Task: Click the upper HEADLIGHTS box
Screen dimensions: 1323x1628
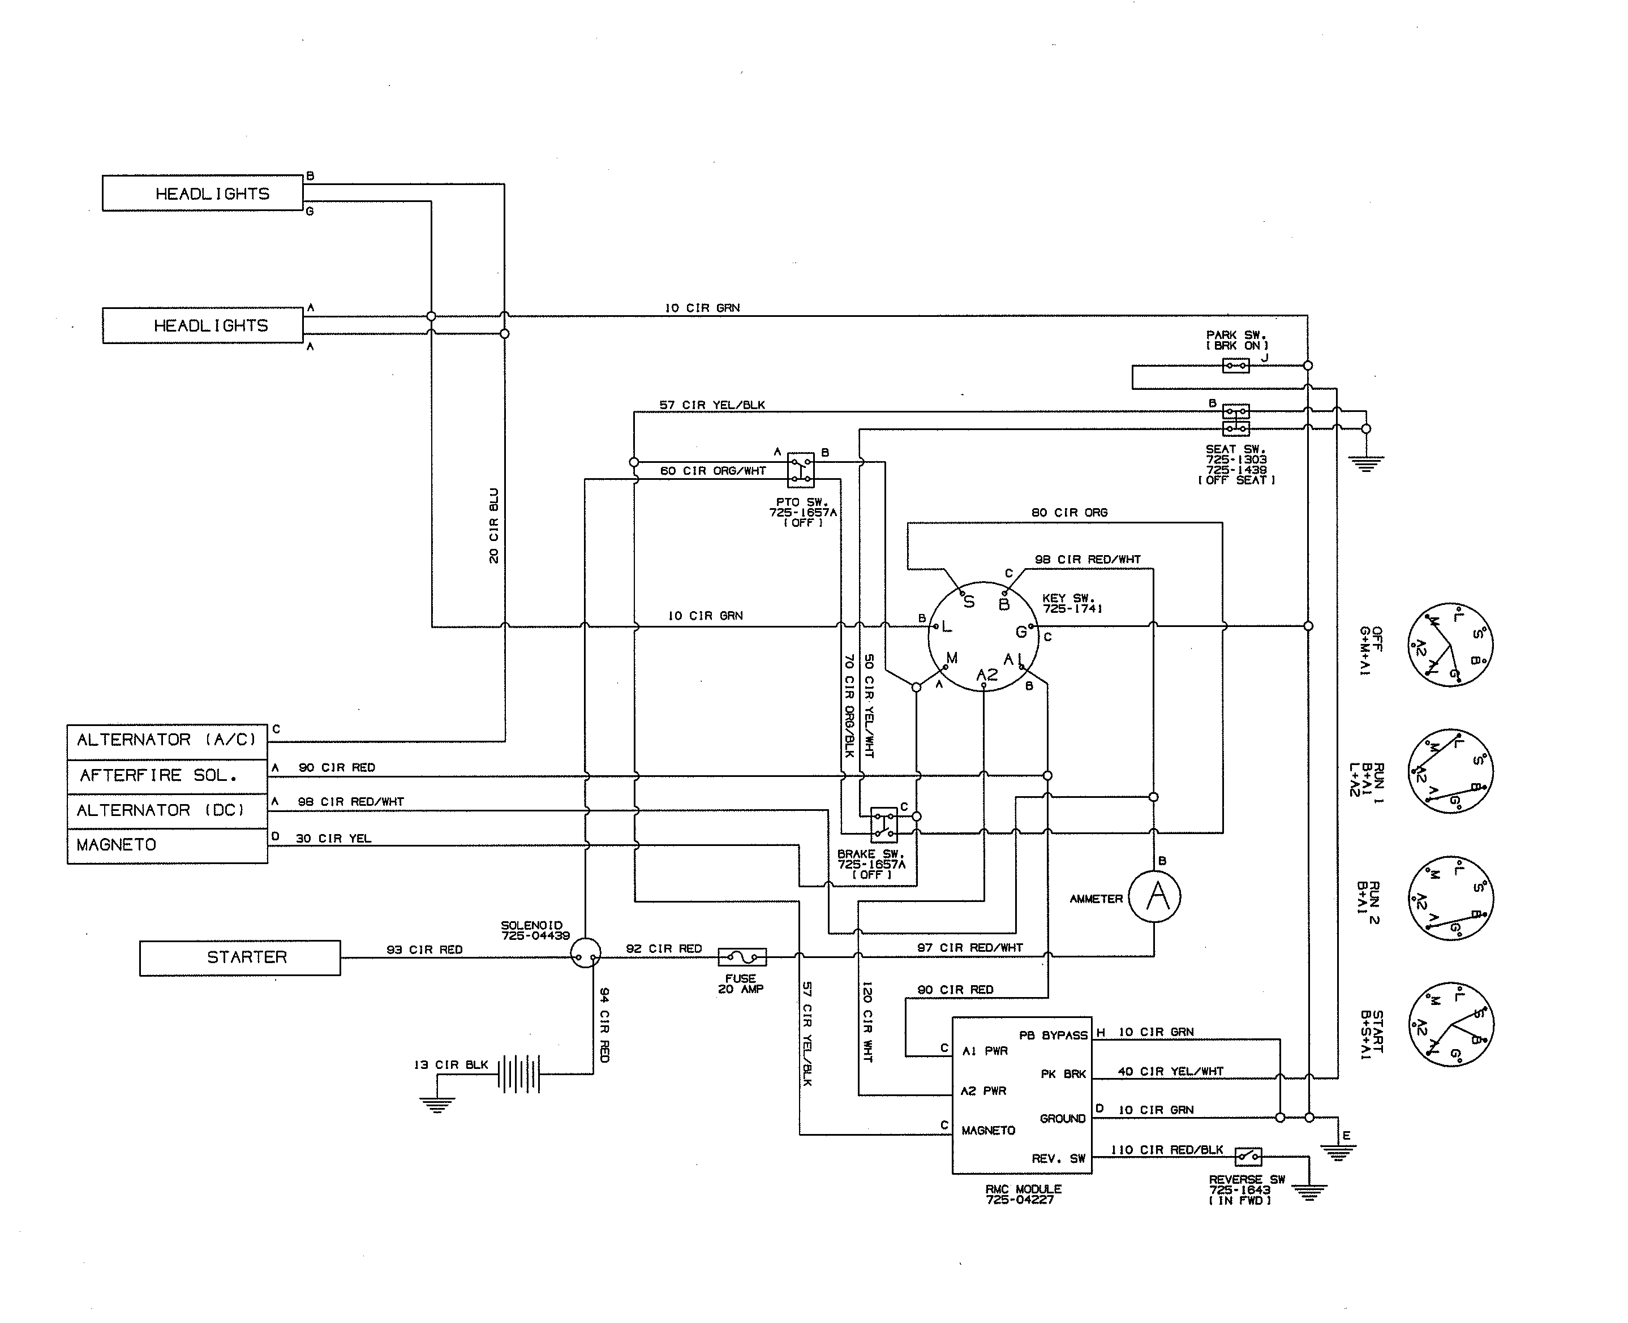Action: (x=203, y=194)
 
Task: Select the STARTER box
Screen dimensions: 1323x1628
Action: (x=240, y=958)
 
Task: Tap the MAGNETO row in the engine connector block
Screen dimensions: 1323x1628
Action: (x=167, y=845)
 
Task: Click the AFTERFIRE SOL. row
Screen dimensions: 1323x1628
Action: (x=167, y=776)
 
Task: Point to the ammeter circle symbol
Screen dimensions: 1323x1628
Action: (x=1155, y=896)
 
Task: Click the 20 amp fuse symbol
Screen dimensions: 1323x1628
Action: (x=742, y=956)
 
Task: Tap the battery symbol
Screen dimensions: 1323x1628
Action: (x=519, y=1074)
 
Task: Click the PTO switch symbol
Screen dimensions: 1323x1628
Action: (x=800, y=470)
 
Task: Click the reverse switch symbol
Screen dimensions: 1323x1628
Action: (x=1248, y=1157)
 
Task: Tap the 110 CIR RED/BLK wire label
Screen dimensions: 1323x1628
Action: (x=1166, y=1150)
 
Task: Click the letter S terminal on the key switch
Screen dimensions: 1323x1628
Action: (x=969, y=602)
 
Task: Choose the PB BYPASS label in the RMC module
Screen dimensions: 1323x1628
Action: (x=1053, y=1035)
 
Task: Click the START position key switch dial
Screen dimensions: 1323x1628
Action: (x=1450, y=1024)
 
